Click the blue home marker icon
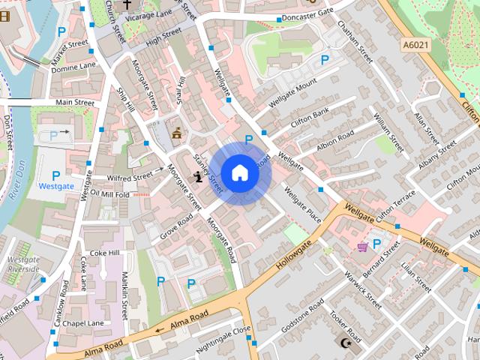point(239,173)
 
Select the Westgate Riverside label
point(23,264)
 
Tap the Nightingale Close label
point(223,340)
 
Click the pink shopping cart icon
point(363,247)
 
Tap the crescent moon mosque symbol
point(346,343)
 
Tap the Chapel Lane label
point(83,323)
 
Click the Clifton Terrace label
point(394,204)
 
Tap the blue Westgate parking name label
point(56,185)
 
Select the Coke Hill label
point(103,253)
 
